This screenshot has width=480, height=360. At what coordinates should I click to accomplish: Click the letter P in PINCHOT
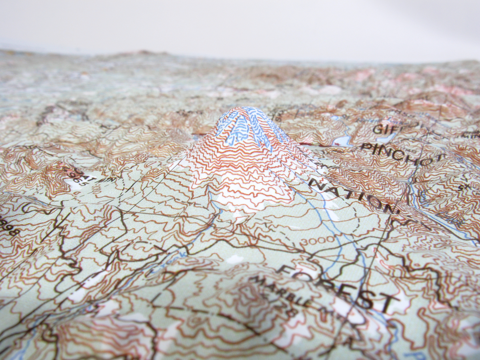coord(365,146)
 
